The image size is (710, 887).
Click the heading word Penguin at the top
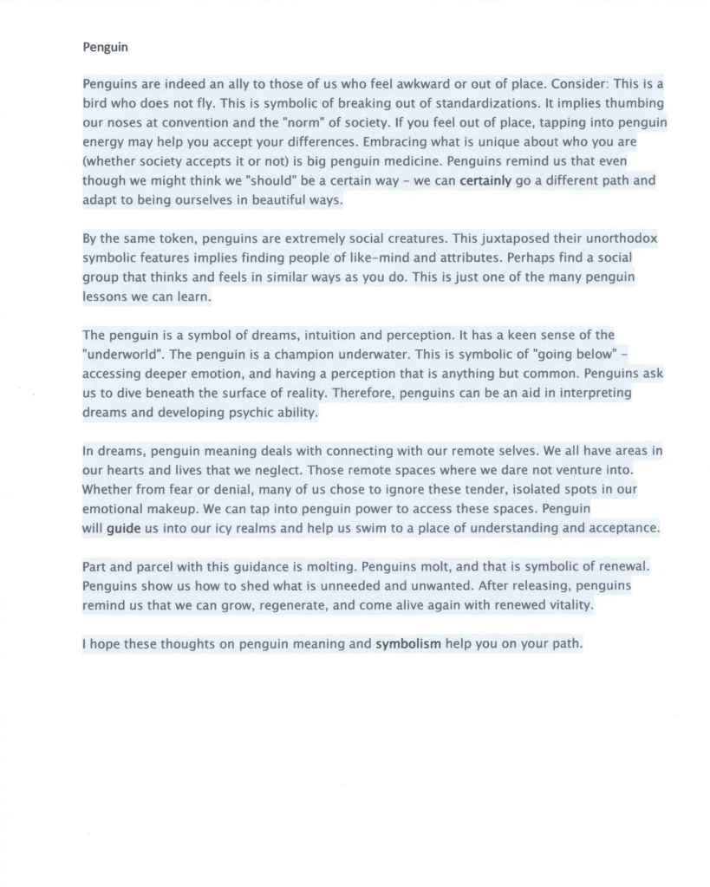point(105,47)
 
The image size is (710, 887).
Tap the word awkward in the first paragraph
point(384,85)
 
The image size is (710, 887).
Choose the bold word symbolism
point(407,644)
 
